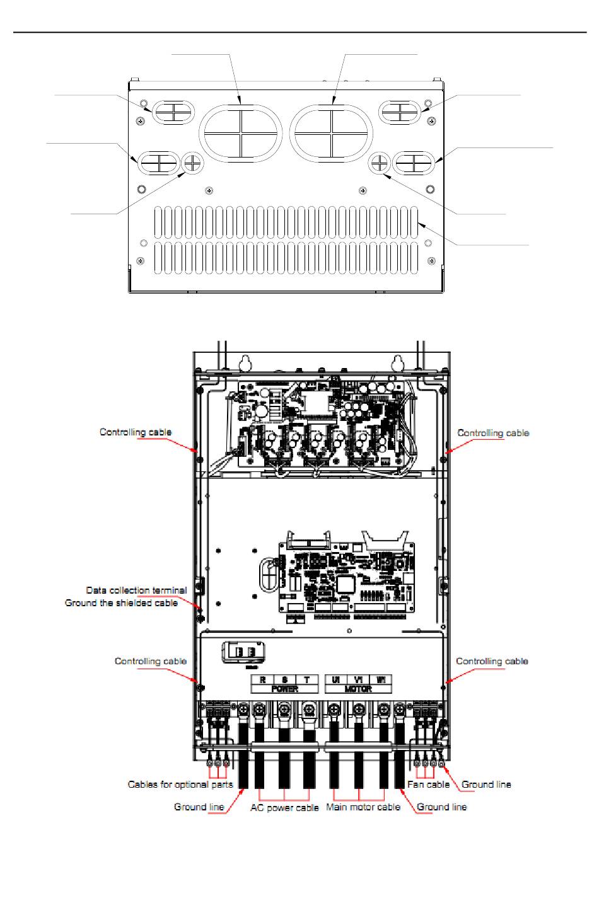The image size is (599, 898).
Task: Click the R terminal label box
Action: (263, 680)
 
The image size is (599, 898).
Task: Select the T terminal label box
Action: (307, 680)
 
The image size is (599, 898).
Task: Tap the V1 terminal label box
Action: (358, 680)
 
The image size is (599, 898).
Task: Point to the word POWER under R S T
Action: (285, 689)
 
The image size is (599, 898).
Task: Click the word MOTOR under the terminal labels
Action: (358, 689)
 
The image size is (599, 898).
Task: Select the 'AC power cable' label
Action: (284, 807)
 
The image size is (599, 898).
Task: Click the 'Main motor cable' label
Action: (363, 807)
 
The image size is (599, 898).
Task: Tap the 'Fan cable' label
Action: (428, 785)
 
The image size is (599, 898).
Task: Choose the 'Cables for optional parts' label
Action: (180, 785)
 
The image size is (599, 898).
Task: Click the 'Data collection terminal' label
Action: (136, 590)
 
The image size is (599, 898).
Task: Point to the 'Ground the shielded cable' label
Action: (122, 603)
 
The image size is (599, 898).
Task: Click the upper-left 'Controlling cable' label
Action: (136, 432)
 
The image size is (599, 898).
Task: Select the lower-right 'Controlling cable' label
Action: (492, 661)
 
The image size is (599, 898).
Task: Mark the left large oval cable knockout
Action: (241, 133)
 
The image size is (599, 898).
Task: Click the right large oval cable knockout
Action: (332, 133)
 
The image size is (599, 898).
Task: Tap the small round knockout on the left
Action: (193, 163)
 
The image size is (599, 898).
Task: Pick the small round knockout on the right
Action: (380, 163)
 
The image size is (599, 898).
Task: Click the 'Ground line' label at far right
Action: (486, 785)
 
